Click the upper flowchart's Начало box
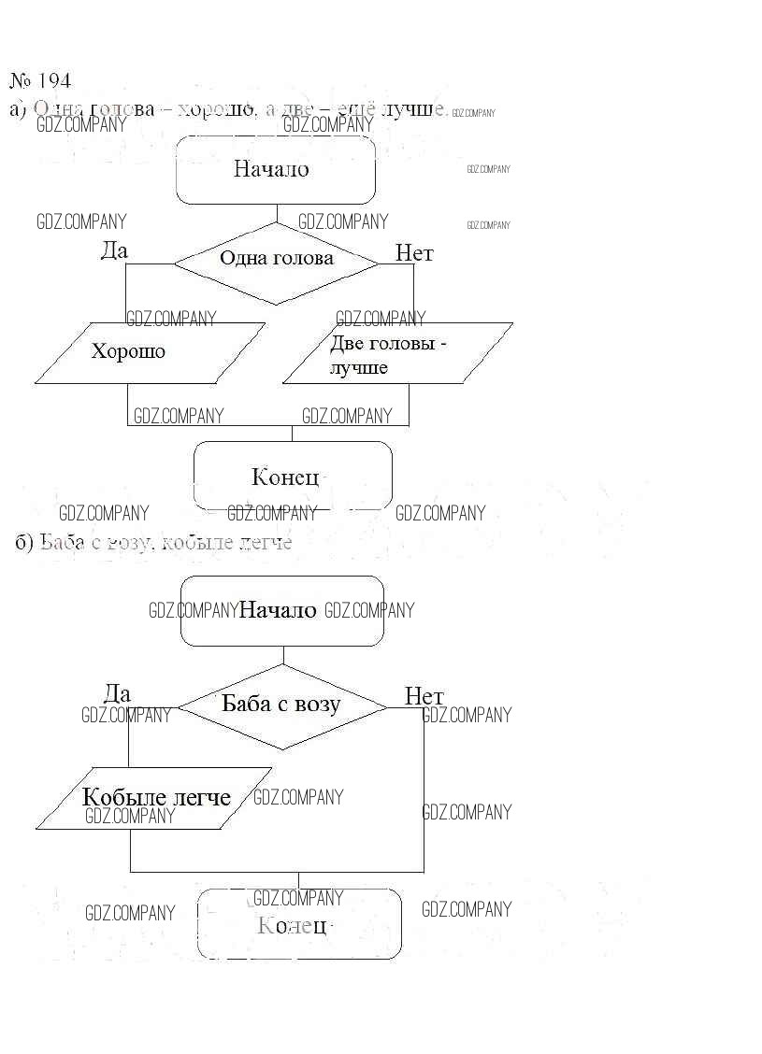point(276,170)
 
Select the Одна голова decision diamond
point(276,263)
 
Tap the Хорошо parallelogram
point(150,352)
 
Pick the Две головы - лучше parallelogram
point(397,353)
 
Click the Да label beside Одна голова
point(114,250)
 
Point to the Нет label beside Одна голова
point(414,253)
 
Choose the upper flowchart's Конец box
point(292,476)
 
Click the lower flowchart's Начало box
point(281,610)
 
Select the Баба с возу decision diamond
point(281,705)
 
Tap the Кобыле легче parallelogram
point(154,798)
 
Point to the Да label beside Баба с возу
point(117,693)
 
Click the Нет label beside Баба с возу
point(424,696)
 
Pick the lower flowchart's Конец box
point(298,924)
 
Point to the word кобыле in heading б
point(195,542)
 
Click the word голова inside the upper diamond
point(303,258)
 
